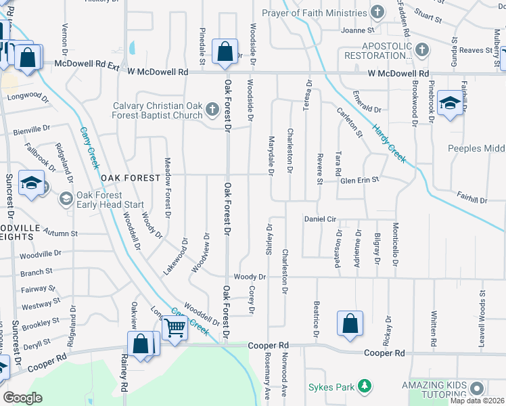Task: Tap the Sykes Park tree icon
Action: pos(365,386)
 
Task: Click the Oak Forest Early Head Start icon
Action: pos(66,198)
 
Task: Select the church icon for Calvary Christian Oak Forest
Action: pos(212,109)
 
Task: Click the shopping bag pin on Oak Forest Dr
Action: pos(225,52)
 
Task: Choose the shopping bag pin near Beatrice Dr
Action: pos(350,323)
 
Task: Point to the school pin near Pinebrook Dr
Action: pos(450,103)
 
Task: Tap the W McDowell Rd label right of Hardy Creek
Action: pos(398,73)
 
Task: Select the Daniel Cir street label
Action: pos(320,219)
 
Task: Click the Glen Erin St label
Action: pos(360,181)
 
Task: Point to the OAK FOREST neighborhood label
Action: pos(132,178)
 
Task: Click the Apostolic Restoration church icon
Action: pos(423,49)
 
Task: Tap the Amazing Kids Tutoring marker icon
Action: pos(478,388)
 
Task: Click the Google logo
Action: pos(23,398)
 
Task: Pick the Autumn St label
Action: pos(61,232)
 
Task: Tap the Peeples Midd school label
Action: pos(476,148)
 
